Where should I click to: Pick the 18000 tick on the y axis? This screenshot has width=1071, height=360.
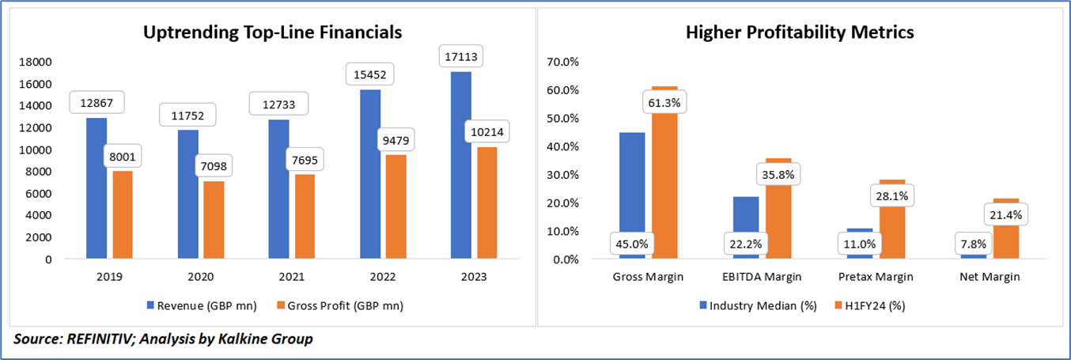pyautogui.click(x=35, y=62)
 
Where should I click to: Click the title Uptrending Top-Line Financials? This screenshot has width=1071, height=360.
pyautogui.click(x=272, y=33)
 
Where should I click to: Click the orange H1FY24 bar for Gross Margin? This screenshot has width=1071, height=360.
pyautogui.click(x=665, y=174)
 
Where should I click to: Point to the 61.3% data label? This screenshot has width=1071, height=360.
pyautogui.click(x=665, y=102)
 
